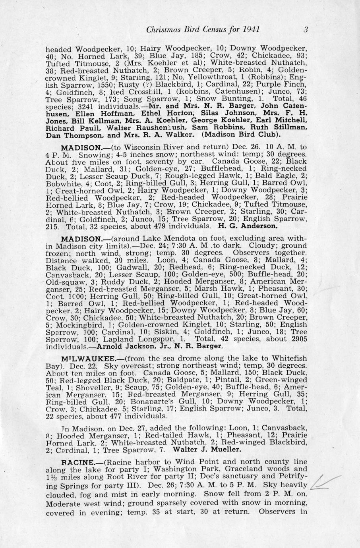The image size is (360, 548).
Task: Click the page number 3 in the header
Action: [x=305, y=29]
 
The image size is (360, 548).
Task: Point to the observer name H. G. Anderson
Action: [x=248, y=226]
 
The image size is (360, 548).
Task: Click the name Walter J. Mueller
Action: [x=207, y=450]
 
